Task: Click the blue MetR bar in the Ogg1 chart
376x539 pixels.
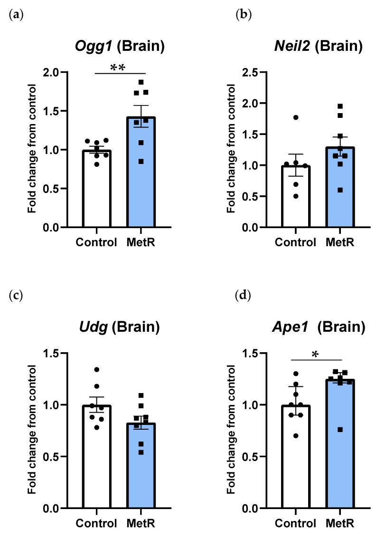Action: [141, 181]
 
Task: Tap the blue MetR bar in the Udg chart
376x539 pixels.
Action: [141, 471]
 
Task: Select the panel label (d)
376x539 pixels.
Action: [244, 296]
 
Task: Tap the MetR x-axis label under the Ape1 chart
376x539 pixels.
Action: [339, 523]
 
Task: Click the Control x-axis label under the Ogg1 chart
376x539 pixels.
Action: [96, 242]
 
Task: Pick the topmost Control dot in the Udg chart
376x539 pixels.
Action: [97, 369]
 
